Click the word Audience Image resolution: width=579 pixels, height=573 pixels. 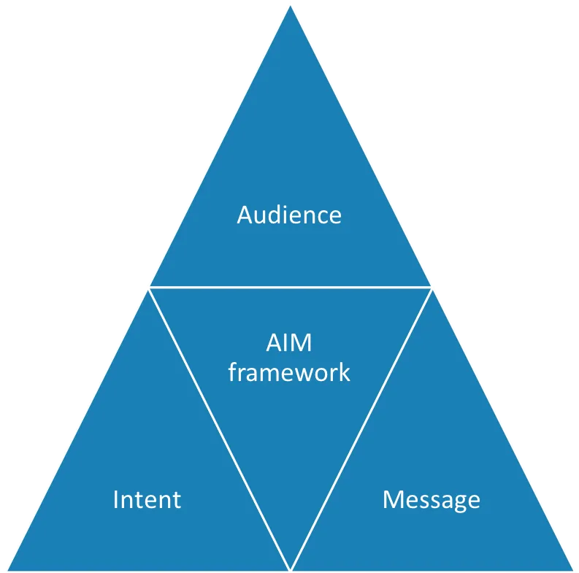(x=289, y=215)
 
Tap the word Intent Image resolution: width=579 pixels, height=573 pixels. (x=147, y=500)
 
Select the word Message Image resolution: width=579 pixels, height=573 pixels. (x=432, y=500)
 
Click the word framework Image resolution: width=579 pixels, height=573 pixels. (x=289, y=372)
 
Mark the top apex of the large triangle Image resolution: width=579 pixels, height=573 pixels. (x=290, y=6)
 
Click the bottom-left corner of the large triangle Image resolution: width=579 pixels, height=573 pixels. (x=7, y=569)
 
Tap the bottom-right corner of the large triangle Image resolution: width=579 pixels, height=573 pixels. (x=572, y=569)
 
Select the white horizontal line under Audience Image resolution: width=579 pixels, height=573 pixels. (x=290, y=287)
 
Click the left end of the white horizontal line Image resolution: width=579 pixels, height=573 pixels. (x=149, y=287)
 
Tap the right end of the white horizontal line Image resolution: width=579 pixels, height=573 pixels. (x=431, y=287)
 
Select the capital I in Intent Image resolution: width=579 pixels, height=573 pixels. (x=116, y=500)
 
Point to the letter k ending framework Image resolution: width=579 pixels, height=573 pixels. (x=344, y=372)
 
